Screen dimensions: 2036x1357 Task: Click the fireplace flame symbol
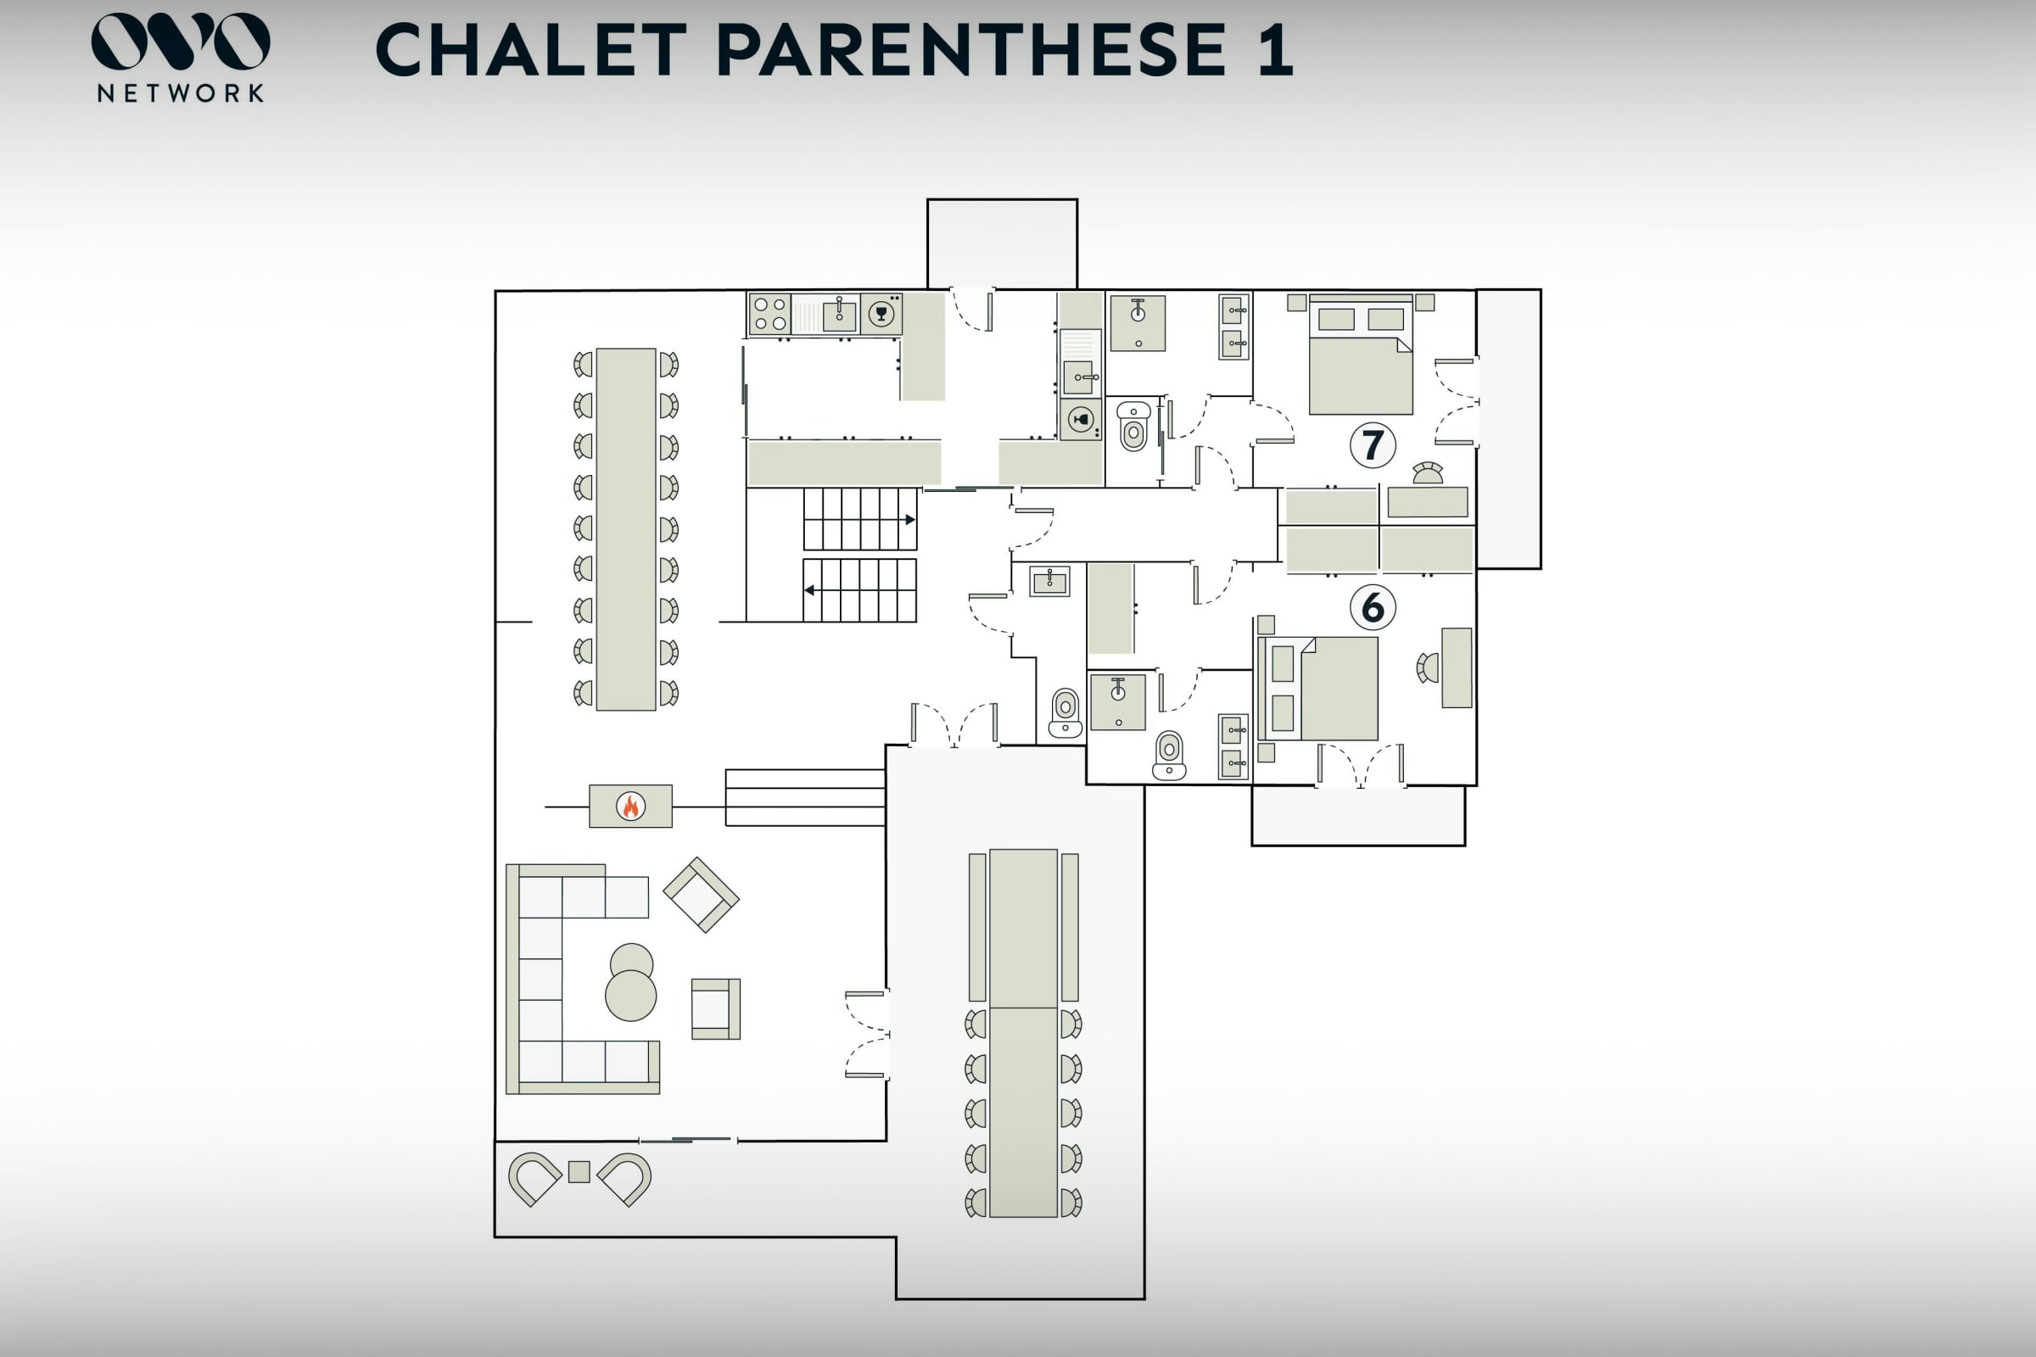click(x=631, y=806)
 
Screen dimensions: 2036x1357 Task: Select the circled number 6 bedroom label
click(x=1373, y=607)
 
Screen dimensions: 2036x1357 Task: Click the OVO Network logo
click(x=180, y=57)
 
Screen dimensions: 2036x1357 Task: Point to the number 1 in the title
click(x=1276, y=49)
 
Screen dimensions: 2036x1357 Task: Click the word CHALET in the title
click(x=532, y=49)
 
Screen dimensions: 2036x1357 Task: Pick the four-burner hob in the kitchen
click(x=769, y=314)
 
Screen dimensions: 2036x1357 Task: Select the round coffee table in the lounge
click(x=631, y=982)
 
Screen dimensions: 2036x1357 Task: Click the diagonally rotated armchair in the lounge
click(x=702, y=895)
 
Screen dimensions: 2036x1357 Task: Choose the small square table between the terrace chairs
click(x=579, y=1172)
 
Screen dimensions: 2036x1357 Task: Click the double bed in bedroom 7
click(x=1361, y=355)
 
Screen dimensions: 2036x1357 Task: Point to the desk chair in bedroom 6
click(x=1428, y=667)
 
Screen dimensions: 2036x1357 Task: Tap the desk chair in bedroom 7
click(x=1429, y=472)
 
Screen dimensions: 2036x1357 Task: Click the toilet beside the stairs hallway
click(x=1066, y=713)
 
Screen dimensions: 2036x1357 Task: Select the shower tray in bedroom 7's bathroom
click(x=1138, y=323)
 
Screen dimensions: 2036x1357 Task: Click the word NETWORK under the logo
click(x=180, y=93)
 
